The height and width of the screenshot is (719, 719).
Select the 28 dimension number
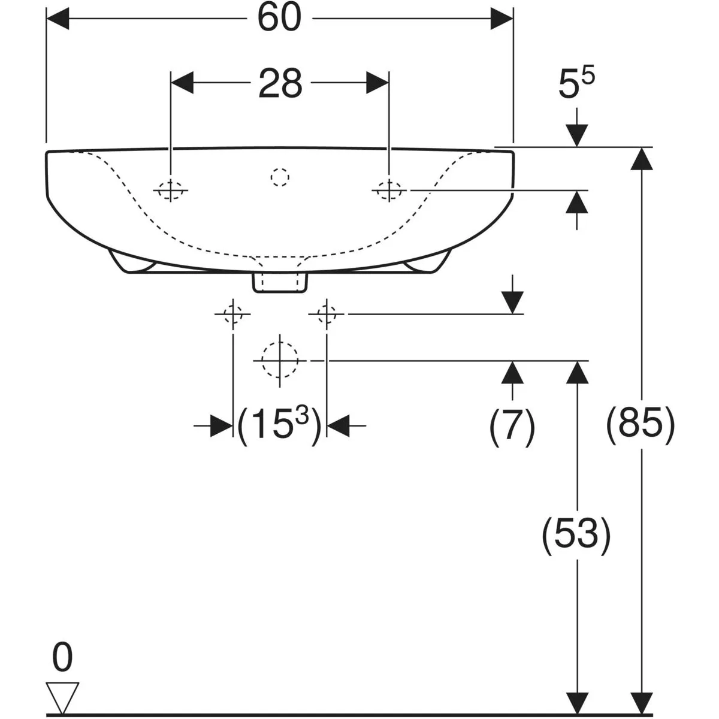[x=280, y=83]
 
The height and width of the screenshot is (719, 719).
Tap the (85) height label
[x=641, y=425]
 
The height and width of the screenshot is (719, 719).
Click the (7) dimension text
[x=512, y=426]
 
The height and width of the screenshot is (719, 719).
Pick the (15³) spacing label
[x=279, y=425]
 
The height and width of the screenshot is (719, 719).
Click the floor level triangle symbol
[x=62, y=693]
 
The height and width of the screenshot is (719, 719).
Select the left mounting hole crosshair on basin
[x=171, y=191]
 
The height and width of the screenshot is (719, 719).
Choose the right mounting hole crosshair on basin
[x=389, y=191]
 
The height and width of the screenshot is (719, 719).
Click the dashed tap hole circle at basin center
[x=280, y=177]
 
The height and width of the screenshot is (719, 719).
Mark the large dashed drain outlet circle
[x=280, y=361]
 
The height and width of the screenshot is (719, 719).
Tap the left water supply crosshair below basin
[x=233, y=314]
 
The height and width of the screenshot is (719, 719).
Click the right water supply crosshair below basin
[x=327, y=314]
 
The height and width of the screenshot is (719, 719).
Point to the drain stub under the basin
[x=280, y=283]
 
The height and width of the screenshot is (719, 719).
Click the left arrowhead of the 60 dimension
[x=58, y=19]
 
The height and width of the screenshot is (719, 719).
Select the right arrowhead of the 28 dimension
[x=377, y=83]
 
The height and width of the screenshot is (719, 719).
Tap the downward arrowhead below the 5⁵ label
[x=576, y=135]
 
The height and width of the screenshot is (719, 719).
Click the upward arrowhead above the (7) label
[x=512, y=372]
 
